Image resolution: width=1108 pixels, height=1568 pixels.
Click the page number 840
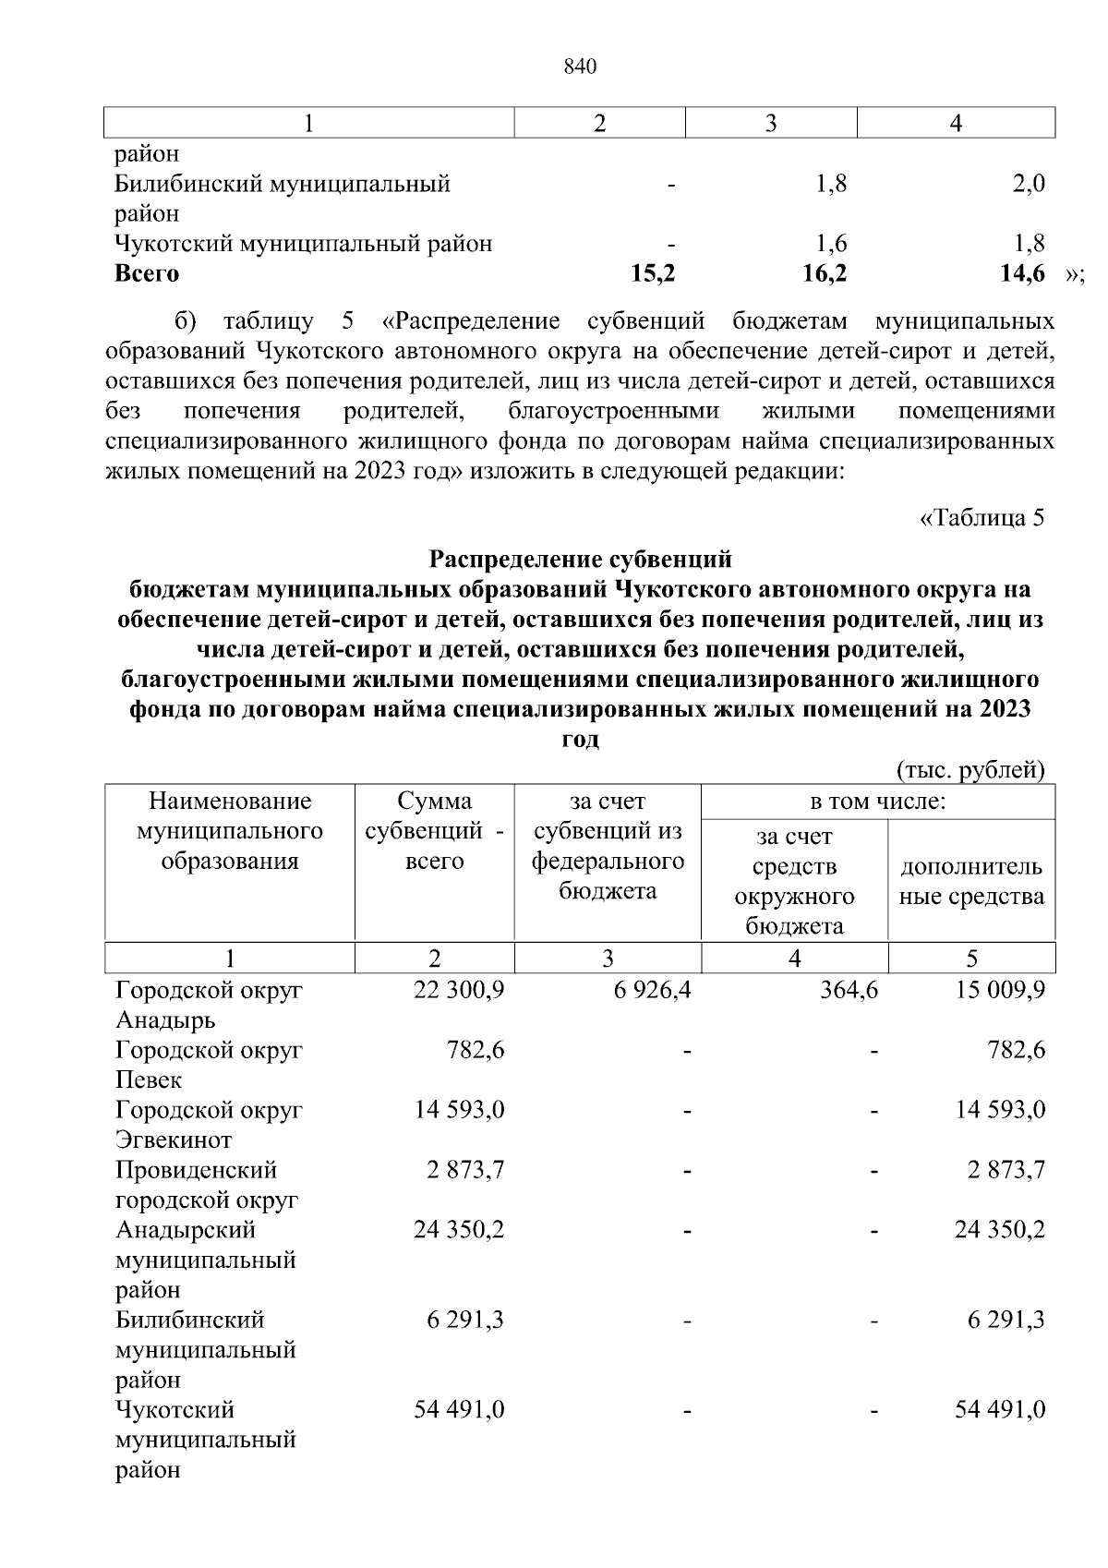(x=579, y=67)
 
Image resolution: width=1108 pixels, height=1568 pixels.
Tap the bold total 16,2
(x=825, y=273)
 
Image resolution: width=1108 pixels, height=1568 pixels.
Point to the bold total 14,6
(x=1022, y=273)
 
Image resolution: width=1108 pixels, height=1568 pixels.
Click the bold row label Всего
(x=147, y=273)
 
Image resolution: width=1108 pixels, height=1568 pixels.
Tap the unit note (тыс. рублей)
(x=970, y=770)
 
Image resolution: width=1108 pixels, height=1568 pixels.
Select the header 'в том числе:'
(x=877, y=802)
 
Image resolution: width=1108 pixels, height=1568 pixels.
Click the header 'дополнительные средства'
(x=971, y=881)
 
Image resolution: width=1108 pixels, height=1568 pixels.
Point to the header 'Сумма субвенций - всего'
(x=434, y=831)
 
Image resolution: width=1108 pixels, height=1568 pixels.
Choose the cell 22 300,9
(x=459, y=991)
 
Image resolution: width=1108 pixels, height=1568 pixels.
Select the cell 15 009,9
(x=1000, y=991)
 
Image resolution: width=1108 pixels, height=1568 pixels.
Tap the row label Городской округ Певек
(x=209, y=1065)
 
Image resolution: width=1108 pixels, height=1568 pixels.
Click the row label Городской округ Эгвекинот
(x=209, y=1125)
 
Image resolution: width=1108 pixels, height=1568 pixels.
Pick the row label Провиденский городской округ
(x=206, y=1185)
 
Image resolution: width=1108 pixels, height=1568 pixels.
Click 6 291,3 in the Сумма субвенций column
(x=465, y=1320)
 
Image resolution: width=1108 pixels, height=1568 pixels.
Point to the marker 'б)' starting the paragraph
(x=187, y=322)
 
